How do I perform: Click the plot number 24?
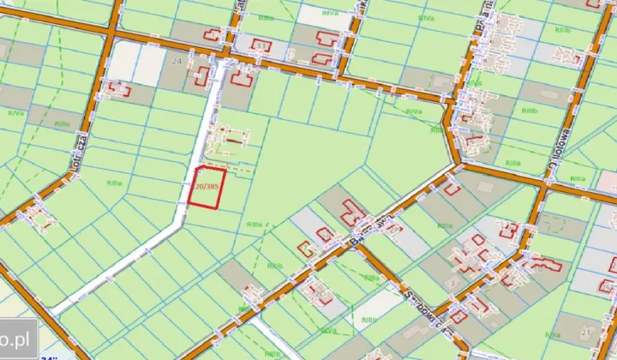click(x=177, y=63)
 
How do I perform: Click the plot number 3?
click(x=453, y=281)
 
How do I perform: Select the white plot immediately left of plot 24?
click(x=124, y=61)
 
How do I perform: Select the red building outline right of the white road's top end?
click(x=240, y=78)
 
